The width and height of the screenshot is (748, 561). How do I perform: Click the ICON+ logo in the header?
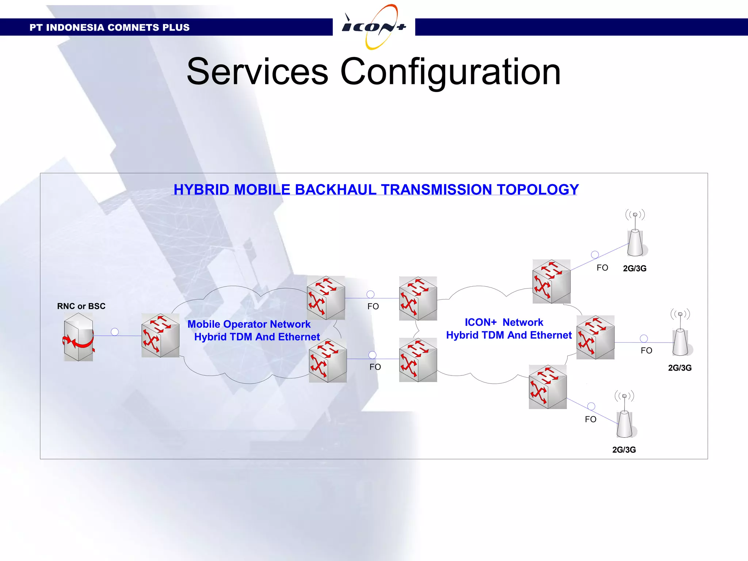point(374,27)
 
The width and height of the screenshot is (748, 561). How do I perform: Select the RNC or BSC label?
point(81,306)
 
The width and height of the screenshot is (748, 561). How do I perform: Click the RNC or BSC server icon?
point(79,337)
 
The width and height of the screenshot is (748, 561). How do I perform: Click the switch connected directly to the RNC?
point(160,335)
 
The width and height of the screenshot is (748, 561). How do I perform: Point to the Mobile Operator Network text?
point(249,324)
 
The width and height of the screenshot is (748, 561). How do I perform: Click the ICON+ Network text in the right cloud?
point(504,322)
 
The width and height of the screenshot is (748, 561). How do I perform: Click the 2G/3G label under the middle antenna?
point(680,368)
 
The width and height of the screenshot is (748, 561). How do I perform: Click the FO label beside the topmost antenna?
point(602,268)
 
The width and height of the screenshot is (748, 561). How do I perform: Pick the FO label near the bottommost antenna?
point(590,419)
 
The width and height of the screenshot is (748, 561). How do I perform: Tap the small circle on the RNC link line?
point(115,332)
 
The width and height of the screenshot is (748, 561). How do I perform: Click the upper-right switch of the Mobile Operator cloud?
point(326,298)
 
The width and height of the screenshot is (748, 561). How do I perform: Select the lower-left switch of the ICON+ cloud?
point(418,360)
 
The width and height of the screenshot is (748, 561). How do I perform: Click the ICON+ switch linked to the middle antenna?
point(595,337)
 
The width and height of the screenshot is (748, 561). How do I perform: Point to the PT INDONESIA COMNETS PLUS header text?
point(109,27)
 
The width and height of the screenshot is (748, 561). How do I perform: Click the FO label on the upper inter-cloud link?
point(373,306)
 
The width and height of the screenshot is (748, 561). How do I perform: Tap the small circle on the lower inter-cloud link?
point(372,355)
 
